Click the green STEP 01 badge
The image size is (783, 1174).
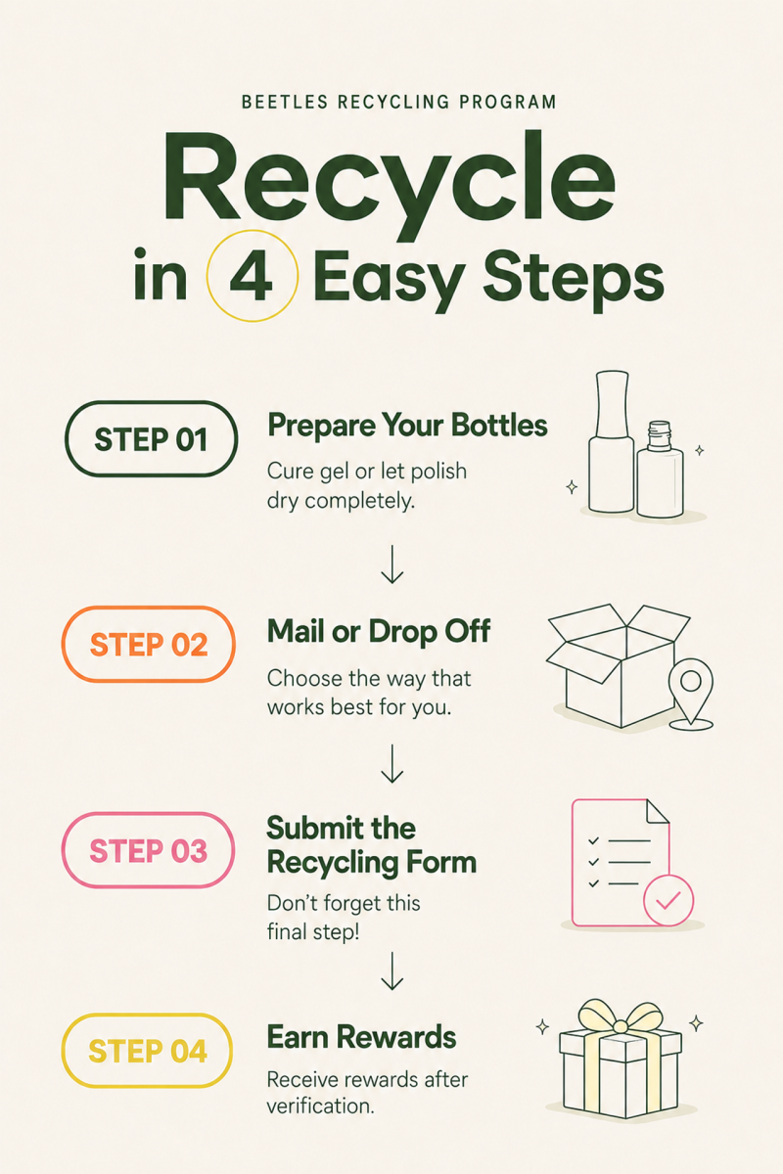coord(151,438)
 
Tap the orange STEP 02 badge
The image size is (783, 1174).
coord(149,644)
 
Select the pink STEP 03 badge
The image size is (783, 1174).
coord(149,850)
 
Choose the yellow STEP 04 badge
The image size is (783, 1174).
coord(148,1051)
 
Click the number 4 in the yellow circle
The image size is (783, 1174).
coord(252,276)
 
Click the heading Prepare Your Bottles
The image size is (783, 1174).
coord(407,426)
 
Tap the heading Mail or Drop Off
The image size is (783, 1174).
coord(379,631)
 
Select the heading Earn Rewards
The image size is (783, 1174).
coord(361,1037)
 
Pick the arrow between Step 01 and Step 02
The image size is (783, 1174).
coord(391,564)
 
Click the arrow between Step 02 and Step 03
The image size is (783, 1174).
coord(391,763)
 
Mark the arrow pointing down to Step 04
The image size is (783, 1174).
coord(391,971)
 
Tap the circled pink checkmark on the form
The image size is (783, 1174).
coord(668,900)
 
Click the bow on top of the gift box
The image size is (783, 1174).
coord(620,1018)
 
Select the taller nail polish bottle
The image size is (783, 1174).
coord(611,442)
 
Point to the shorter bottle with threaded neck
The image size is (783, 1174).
coord(660,470)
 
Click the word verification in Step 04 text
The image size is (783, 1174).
coord(320,1106)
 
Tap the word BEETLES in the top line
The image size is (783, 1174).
coord(285,102)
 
